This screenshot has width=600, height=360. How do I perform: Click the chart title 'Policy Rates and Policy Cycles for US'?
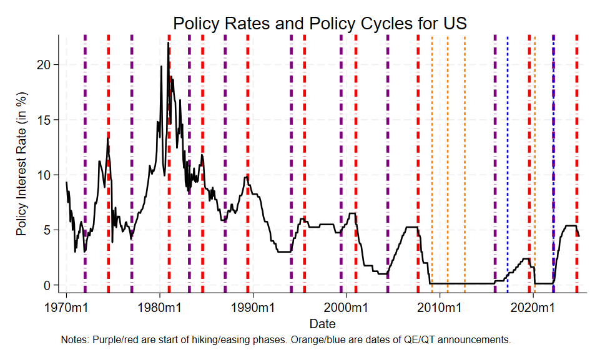[x=320, y=23]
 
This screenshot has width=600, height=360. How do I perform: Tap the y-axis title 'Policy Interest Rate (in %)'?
[x=22, y=170]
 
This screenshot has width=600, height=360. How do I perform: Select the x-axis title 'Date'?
[x=322, y=324]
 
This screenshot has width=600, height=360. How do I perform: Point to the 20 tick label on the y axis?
[x=52, y=65]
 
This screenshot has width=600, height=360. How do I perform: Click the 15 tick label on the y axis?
[x=52, y=120]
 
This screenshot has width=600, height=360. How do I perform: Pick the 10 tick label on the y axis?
[x=52, y=175]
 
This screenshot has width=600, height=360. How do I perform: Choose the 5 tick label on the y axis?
[x=56, y=230]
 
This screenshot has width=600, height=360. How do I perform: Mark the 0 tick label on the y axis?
[x=56, y=285]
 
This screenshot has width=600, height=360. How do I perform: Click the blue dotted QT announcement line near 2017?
[x=507, y=156]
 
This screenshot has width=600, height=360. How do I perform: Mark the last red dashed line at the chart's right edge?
[x=576, y=156]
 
